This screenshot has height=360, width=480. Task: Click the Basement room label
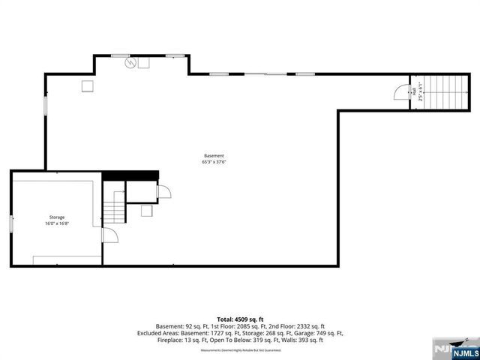214,155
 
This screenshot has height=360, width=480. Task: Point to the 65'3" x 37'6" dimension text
214,162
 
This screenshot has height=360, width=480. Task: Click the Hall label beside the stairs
413,91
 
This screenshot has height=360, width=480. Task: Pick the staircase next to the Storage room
113,207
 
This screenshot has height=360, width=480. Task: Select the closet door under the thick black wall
163,192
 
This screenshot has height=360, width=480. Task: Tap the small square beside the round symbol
144,64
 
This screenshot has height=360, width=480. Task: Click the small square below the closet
146,211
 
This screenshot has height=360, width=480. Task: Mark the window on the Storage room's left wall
10,223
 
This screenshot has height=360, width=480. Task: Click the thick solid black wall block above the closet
130,175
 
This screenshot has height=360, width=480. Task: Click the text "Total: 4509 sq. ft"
239,319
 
